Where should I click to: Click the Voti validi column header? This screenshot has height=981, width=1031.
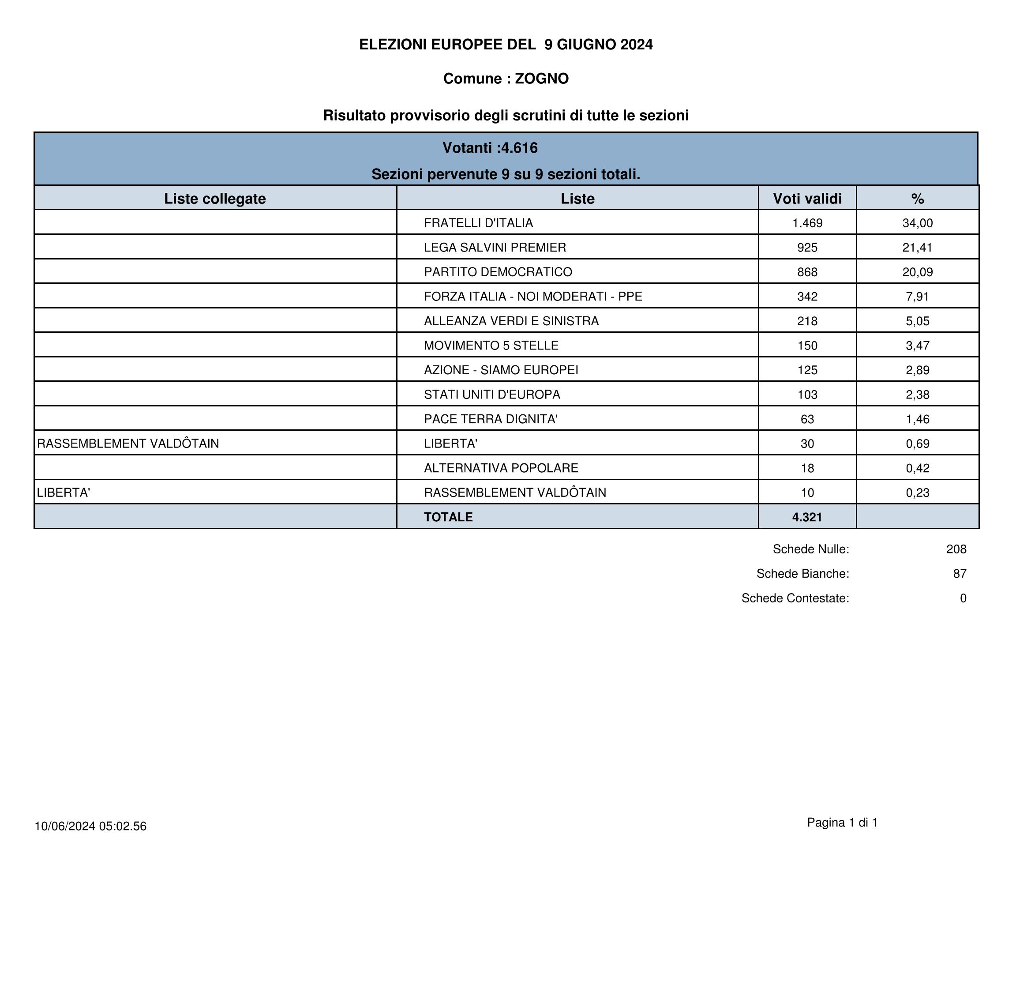pyautogui.click(x=807, y=199)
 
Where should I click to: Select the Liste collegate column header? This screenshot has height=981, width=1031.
pyautogui.click(x=215, y=199)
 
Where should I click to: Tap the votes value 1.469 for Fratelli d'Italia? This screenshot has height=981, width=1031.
pyautogui.click(x=807, y=223)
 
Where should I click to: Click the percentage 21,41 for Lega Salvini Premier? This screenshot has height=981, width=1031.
pyautogui.click(x=917, y=248)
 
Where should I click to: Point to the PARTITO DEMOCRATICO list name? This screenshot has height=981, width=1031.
pyautogui.click(x=498, y=272)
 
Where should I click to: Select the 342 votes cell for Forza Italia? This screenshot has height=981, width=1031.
pyautogui.click(x=807, y=297)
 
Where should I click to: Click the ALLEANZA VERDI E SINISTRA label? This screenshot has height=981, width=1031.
pyautogui.click(x=511, y=321)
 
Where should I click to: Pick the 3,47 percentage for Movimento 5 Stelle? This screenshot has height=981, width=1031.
pyautogui.click(x=917, y=346)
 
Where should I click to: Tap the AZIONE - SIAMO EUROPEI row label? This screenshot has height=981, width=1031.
pyautogui.click(x=501, y=370)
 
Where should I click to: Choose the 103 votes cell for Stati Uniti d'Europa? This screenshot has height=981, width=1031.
pyautogui.click(x=807, y=395)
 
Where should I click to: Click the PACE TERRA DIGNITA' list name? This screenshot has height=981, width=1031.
pyautogui.click(x=491, y=419)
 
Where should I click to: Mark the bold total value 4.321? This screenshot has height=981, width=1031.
pyautogui.click(x=807, y=517)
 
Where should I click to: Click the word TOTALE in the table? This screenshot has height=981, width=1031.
pyautogui.click(x=448, y=517)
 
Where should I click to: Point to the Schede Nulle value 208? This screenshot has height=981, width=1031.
pyautogui.click(x=956, y=549)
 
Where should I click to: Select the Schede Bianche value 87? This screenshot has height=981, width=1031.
pyautogui.click(x=960, y=574)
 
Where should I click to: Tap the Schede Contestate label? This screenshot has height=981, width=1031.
pyautogui.click(x=795, y=598)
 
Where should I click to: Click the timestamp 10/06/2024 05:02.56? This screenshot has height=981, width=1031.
pyautogui.click(x=90, y=826)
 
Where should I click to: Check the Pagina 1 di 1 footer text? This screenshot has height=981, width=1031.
pyautogui.click(x=842, y=823)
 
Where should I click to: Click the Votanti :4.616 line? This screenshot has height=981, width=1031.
pyautogui.click(x=490, y=148)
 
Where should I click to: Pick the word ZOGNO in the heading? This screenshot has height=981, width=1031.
pyautogui.click(x=542, y=79)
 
